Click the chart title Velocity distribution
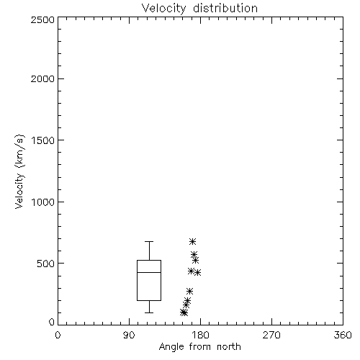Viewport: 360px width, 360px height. tap(199, 9)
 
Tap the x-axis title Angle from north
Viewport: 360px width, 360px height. tap(199, 346)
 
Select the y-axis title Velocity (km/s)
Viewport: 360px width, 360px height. tap(19, 171)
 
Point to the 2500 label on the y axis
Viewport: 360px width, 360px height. tap(42, 19)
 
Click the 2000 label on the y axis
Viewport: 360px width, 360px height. tap(42, 78)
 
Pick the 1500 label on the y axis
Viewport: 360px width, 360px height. tap(43, 140)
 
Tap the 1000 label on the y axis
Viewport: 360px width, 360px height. tap(43, 202)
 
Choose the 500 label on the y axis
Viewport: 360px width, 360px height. tap(46, 264)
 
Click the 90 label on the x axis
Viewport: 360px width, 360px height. tap(129, 335)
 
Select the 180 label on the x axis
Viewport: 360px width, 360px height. tap(200, 335)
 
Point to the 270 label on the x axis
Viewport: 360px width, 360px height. tap(271, 335)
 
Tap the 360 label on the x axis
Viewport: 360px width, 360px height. tap(343, 335)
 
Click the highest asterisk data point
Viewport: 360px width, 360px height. tap(192, 241)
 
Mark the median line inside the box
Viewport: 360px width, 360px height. tap(149, 272)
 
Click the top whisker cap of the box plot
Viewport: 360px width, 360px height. tap(149, 241)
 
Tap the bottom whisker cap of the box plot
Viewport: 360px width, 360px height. tap(149, 312)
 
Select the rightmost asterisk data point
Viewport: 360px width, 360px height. tap(197, 273)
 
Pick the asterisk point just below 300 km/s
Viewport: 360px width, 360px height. tap(190, 291)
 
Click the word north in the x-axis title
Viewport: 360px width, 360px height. tap(229, 347)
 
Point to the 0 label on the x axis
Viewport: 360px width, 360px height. tap(58, 335)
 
